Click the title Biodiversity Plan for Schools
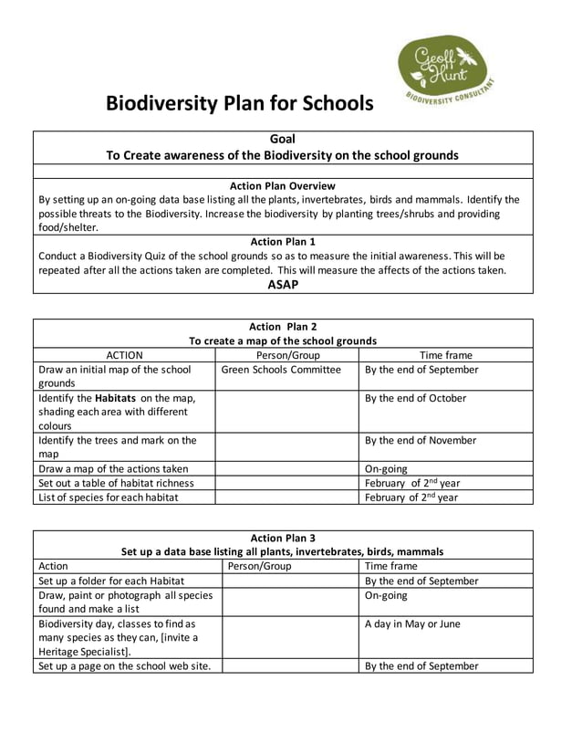tap(240, 103)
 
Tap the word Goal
tap(282, 139)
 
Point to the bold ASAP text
tap(282, 284)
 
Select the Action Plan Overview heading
tap(282, 185)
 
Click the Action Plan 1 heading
tap(282, 241)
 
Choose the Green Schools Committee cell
tap(280, 370)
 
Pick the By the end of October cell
tap(415, 398)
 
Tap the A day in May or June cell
tap(412, 623)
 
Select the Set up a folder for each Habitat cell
tap(111, 581)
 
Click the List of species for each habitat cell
tap(109, 497)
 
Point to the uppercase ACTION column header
tap(124, 355)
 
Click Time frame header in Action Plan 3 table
tap(391, 566)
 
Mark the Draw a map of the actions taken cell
tap(113, 468)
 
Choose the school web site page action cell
tap(124, 665)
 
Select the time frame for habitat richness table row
tap(410, 483)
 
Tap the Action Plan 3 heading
tap(282, 537)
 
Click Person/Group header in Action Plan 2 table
tap(286, 355)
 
